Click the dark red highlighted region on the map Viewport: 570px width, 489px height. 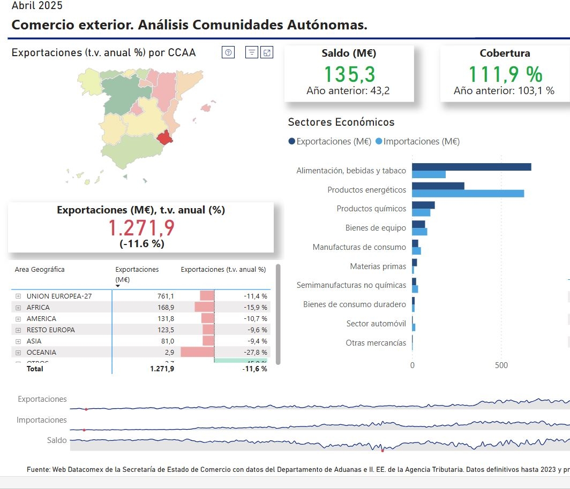coord(166,137)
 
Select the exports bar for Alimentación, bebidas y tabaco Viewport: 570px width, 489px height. coord(471,167)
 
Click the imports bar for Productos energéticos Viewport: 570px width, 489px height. coord(468,193)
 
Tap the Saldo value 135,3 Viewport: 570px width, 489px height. coord(349,74)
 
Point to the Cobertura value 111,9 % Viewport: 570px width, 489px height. coord(505,74)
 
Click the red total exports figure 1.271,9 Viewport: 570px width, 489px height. coord(141,228)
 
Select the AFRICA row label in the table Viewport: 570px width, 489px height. coord(38,308)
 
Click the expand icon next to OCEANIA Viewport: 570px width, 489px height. coord(18,353)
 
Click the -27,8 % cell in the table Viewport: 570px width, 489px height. coord(255,353)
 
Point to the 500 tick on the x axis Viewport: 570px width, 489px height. coord(501,365)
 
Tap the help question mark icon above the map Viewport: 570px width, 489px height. coord(228,52)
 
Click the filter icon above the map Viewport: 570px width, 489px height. coord(252,52)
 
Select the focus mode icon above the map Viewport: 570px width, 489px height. coord(267,52)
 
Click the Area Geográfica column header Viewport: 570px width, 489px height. coord(40,270)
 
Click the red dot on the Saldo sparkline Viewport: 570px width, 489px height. coord(382,450)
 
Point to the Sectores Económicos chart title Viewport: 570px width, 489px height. coord(341,122)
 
